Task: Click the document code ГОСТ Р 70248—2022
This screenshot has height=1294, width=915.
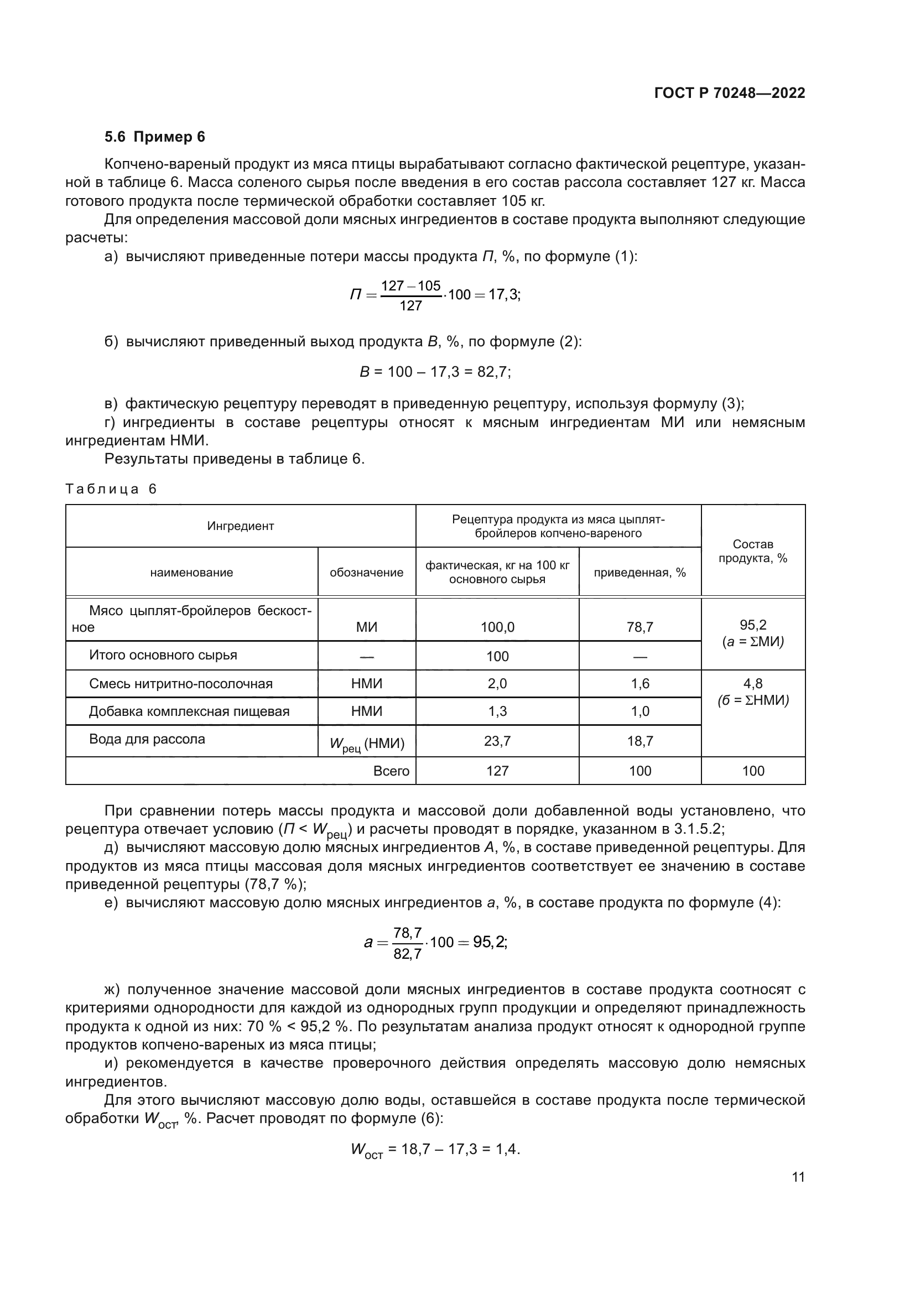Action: pyautogui.click(x=729, y=93)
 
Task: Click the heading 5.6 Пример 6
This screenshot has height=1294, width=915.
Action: pyautogui.click(x=154, y=137)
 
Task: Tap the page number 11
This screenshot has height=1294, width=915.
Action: pyautogui.click(x=798, y=1177)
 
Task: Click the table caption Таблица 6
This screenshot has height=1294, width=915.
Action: pyautogui.click(x=111, y=489)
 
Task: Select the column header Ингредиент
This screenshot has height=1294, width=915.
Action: pyautogui.click(x=241, y=526)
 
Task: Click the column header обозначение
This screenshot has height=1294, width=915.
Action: pyautogui.click(x=366, y=572)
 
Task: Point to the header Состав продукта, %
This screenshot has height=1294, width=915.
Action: pyautogui.click(x=753, y=550)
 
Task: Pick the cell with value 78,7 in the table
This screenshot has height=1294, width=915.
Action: pyautogui.click(x=640, y=627)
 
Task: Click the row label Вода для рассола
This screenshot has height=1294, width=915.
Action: pyautogui.click(x=147, y=739)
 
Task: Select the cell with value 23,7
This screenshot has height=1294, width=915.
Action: pyautogui.click(x=497, y=741)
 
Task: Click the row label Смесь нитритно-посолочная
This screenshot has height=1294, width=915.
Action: pyautogui.click(x=181, y=684)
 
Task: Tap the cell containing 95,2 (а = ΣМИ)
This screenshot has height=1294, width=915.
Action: pyautogui.click(x=753, y=633)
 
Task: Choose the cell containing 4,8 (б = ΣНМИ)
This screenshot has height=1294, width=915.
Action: pyautogui.click(x=753, y=692)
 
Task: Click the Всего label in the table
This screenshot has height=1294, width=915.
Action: pyautogui.click(x=391, y=771)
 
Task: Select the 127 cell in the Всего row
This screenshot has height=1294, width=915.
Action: pyautogui.click(x=497, y=771)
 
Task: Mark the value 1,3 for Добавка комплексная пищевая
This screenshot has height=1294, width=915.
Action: pyautogui.click(x=497, y=711)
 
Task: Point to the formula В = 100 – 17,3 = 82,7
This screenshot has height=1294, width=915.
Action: pyautogui.click(x=435, y=372)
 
